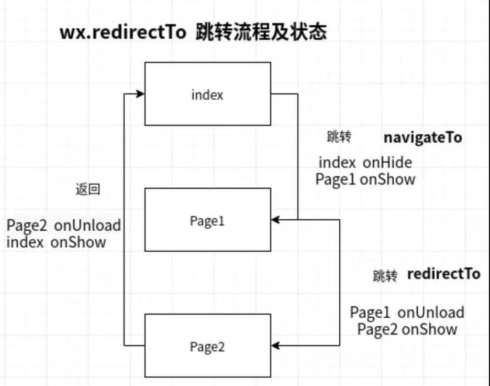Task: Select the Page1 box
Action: [x=208, y=220]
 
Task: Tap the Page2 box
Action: [x=208, y=346]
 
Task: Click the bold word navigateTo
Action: [x=422, y=137]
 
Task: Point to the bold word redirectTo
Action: [x=443, y=274]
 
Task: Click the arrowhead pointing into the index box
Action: [x=140, y=94]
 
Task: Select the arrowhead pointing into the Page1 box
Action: [x=276, y=220]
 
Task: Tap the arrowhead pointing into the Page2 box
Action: [x=276, y=346]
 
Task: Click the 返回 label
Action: [x=88, y=190]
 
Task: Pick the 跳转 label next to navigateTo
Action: [x=339, y=137]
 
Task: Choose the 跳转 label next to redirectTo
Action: [x=385, y=276]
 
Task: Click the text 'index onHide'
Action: [x=365, y=163]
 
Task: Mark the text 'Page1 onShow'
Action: [x=365, y=179]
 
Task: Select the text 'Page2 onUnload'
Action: [x=63, y=226]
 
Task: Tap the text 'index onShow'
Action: [x=56, y=242]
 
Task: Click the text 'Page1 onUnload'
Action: [x=407, y=313]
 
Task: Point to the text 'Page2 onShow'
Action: [x=407, y=329]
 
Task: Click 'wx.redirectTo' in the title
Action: [x=123, y=33]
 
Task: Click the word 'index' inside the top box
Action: [x=207, y=95]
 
